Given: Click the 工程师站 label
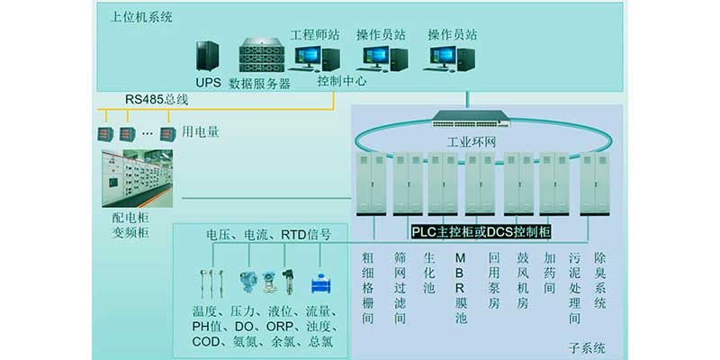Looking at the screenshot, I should [314, 35].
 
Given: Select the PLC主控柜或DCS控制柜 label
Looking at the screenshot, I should [481, 232].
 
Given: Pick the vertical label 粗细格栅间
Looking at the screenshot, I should [367, 281].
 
